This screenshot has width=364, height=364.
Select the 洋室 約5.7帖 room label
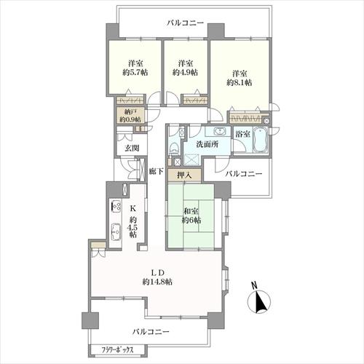click(135, 68)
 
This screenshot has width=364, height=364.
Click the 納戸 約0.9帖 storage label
click(132, 116)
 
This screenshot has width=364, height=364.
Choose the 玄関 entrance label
click(131, 149)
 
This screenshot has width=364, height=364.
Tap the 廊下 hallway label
click(156, 172)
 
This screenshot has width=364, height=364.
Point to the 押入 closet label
click(183, 175)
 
